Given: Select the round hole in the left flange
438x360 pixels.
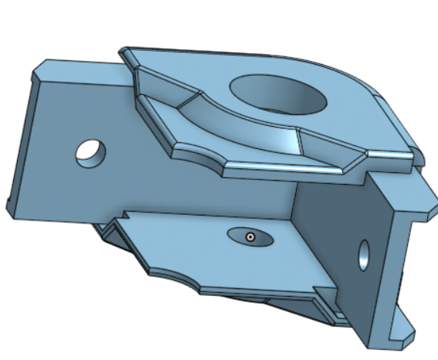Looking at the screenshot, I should tap(90, 152).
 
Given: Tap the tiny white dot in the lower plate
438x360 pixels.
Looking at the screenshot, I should tap(250, 237).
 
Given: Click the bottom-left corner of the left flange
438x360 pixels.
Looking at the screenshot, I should tap(11, 207).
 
